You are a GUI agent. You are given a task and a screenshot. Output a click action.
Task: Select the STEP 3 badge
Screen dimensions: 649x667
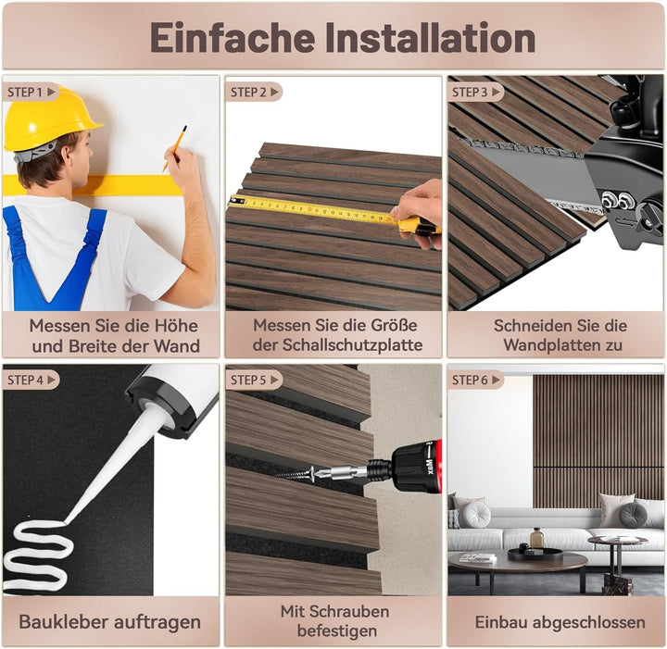point(472,92)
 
